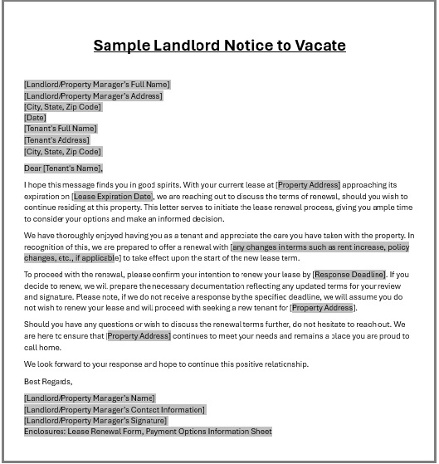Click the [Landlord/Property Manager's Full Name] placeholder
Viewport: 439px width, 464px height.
[x=97, y=84]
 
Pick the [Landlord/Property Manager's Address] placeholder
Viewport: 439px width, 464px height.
[x=93, y=95]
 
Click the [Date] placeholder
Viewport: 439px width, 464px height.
[x=36, y=118]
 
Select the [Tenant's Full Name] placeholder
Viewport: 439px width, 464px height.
[x=61, y=129]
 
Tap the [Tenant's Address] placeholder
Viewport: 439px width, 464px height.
[x=56, y=140]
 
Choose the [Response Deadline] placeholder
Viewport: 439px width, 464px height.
[x=349, y=274]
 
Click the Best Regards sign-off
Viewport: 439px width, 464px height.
[x=48, y=382]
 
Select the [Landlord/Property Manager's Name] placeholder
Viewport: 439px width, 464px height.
[x=90, y=398]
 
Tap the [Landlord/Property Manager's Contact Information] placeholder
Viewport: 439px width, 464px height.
[x=115, y=409]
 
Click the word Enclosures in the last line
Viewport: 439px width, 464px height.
[x=44, y=432]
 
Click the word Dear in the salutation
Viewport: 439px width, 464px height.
[x=33, y=169]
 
